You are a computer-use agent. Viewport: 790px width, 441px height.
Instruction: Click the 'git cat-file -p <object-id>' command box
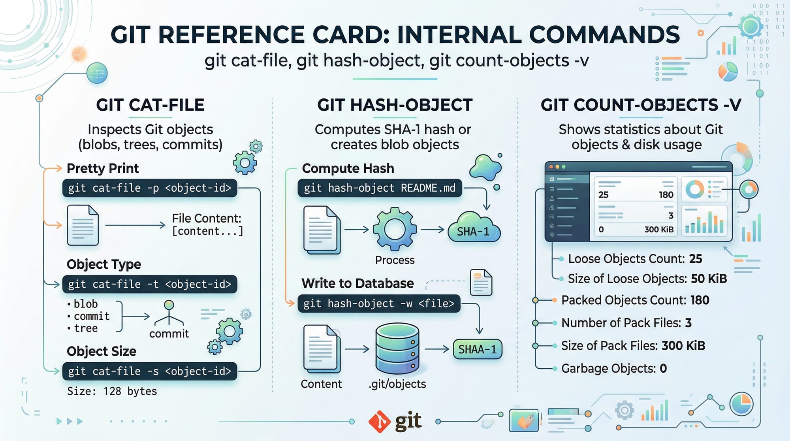click(x=150, y=188)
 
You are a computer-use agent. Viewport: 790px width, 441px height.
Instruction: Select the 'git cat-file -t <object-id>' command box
click(x=150, y=284)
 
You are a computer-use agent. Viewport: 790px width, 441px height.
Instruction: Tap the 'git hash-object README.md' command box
click(x=380, y=188)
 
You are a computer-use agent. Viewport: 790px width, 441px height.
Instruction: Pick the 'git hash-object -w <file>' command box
click(x=379, y=303)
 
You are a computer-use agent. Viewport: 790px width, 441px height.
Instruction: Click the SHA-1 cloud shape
click(x=474, y=228)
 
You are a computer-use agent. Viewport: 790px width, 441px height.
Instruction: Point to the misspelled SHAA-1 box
click(x=477, y=349)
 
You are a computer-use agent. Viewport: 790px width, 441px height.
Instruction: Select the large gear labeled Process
click(x=395, y=229)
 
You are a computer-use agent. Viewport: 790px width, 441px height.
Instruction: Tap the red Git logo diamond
click(x=380, y=422)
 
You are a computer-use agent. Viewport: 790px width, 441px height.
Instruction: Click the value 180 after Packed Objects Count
click(x=700, y=300)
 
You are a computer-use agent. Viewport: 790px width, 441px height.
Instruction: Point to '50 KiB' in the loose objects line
click(x=709, y=279)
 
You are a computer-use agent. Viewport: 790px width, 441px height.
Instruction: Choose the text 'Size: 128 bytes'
click(x=112, y=391)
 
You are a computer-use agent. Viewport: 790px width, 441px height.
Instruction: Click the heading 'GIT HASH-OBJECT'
click(x=395, y=105)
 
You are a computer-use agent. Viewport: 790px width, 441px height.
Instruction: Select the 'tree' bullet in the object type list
click(x=85, y=328)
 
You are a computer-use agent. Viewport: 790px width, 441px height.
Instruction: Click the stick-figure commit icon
click(x=169, y=313)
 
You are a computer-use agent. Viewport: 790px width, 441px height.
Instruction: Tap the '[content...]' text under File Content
click(x=207, y=231)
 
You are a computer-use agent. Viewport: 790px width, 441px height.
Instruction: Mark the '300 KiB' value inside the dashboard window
click(x=658, y=230)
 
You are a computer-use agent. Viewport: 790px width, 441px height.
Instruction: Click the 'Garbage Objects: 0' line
click(x=614, y=369)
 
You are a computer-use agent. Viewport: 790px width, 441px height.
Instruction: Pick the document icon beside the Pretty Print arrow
click(x=83, y=225)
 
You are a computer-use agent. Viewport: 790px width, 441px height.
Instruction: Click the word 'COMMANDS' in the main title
click(x=604, y=35)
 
